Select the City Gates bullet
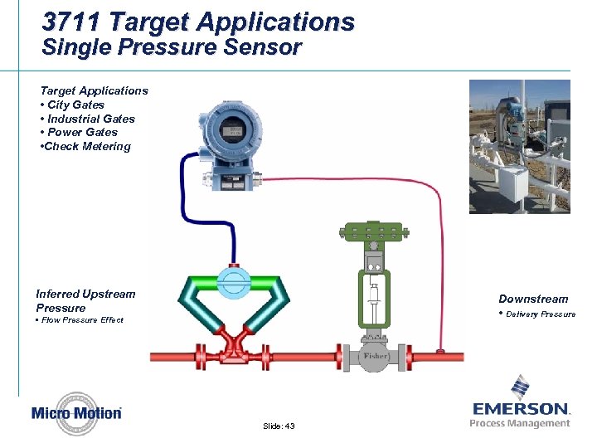pos(75,105)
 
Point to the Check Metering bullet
pos(85,146)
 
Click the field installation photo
pos(519,146)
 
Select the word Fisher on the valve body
pos(375,357)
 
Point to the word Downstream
pos(533,299)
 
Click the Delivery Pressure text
pos(541,314)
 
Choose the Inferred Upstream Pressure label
pos(85,300)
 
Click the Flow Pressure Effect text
pos(82,319)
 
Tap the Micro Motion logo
pos(76,413)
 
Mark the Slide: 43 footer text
pos(279,426)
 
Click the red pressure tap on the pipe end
pos(439,353)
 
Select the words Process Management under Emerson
pos(520,423)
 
